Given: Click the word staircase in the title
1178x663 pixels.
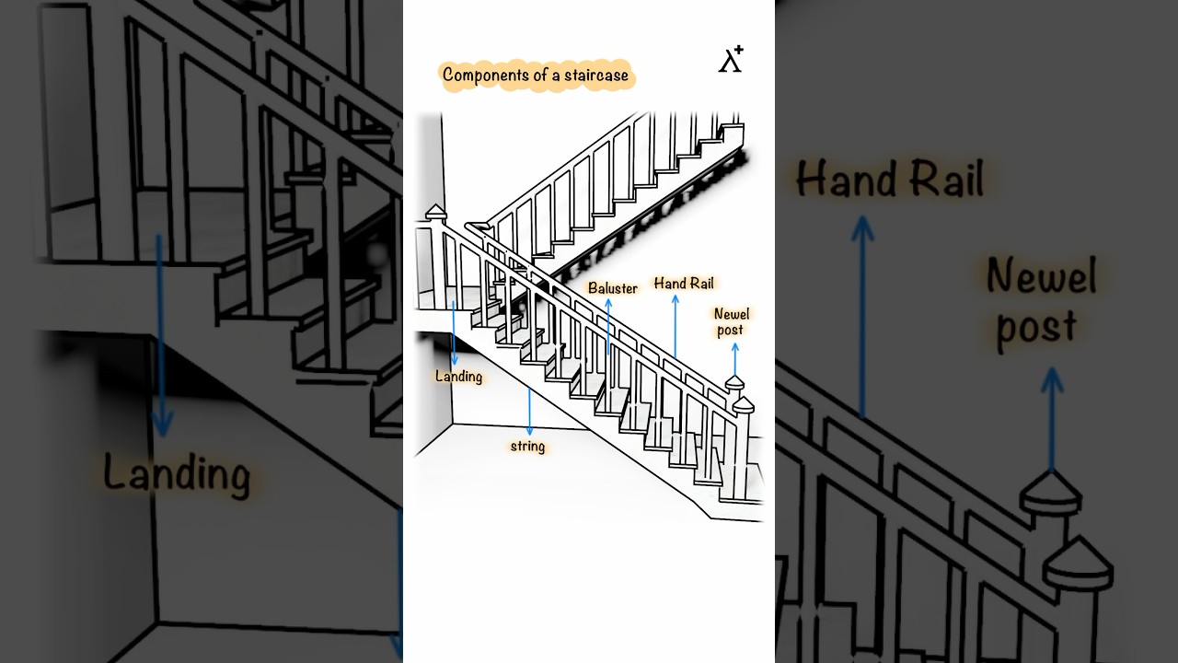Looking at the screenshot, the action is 595,76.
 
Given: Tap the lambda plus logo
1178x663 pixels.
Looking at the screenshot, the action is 731,59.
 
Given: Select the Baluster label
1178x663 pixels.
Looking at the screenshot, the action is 613,288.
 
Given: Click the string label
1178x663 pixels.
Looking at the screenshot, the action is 527,447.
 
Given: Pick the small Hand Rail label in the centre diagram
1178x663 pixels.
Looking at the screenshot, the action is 684,284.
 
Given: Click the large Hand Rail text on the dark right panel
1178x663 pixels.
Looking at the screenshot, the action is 890,179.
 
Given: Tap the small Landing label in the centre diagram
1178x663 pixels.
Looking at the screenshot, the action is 458,377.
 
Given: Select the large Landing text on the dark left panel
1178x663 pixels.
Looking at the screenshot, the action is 177,473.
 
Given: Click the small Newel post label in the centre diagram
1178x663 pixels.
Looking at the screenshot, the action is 731,322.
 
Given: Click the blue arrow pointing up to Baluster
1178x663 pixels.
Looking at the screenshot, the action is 608,326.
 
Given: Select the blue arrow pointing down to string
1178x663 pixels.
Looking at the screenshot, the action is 529,412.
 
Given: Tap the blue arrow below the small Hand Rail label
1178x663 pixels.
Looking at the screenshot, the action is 676,326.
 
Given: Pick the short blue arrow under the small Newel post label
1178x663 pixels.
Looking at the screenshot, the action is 735,359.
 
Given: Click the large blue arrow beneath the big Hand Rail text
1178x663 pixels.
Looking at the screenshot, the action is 862,317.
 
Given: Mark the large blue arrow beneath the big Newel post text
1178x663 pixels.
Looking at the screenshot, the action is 1052,419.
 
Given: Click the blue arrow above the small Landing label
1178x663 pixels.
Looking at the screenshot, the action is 454,333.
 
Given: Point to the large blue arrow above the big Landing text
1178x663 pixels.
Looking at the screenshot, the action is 161,336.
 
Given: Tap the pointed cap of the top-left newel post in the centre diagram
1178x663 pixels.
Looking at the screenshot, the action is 435,212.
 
